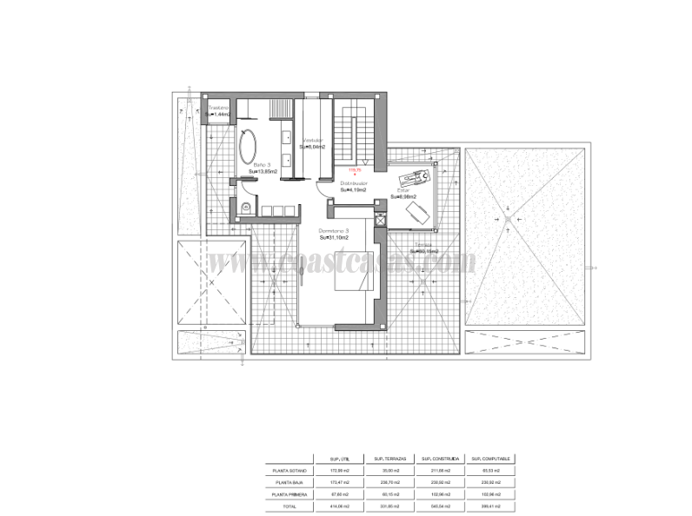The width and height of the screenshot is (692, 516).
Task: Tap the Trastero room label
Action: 218,108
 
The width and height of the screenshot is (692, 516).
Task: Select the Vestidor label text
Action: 313,141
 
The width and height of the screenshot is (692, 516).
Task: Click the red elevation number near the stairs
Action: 354,169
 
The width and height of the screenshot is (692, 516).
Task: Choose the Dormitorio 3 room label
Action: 334,230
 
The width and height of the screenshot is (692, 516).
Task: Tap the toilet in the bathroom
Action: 246,207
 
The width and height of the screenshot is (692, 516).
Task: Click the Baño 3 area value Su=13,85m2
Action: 263,172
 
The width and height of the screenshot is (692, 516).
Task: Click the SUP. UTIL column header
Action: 340,458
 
